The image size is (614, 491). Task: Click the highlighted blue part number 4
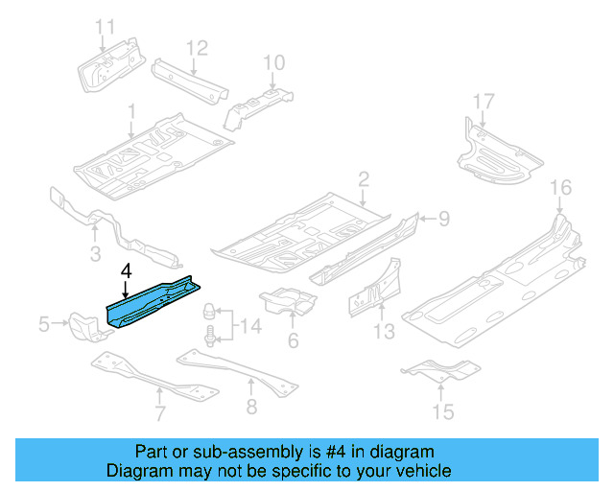point(153,300)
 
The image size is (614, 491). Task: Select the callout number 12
point(196,47)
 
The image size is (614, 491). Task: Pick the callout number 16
point(560,187)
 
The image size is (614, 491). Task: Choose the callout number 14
point(249,327)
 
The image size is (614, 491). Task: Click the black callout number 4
point(125,271)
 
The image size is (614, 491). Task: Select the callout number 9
point(444,220)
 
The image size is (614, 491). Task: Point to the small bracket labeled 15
point(438,370)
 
